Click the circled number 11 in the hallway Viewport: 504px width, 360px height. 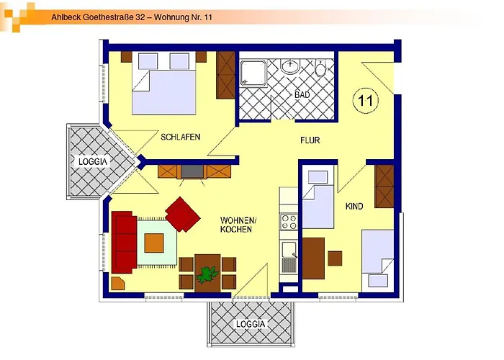pos(365,100)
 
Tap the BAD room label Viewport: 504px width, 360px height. pos(302,95)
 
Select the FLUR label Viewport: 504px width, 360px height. pos(310,140)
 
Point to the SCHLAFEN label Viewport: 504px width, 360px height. pos(180,137)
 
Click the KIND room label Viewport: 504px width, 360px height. pos(354,207)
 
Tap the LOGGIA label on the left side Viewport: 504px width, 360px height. pos(93,162)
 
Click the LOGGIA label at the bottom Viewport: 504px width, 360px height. pos(251,324)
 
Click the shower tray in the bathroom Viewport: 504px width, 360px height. pos(254,73)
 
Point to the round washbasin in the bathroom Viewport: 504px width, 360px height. pos(291,67)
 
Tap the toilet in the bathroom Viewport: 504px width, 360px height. pos(321,68)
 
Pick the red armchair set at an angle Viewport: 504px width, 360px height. pos(184,214)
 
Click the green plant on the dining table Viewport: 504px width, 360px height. pos(208,274)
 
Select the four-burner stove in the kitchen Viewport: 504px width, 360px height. pos(289,222)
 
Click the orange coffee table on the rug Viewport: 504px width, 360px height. pos(154,243)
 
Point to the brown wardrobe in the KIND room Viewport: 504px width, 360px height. pos(384,186)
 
